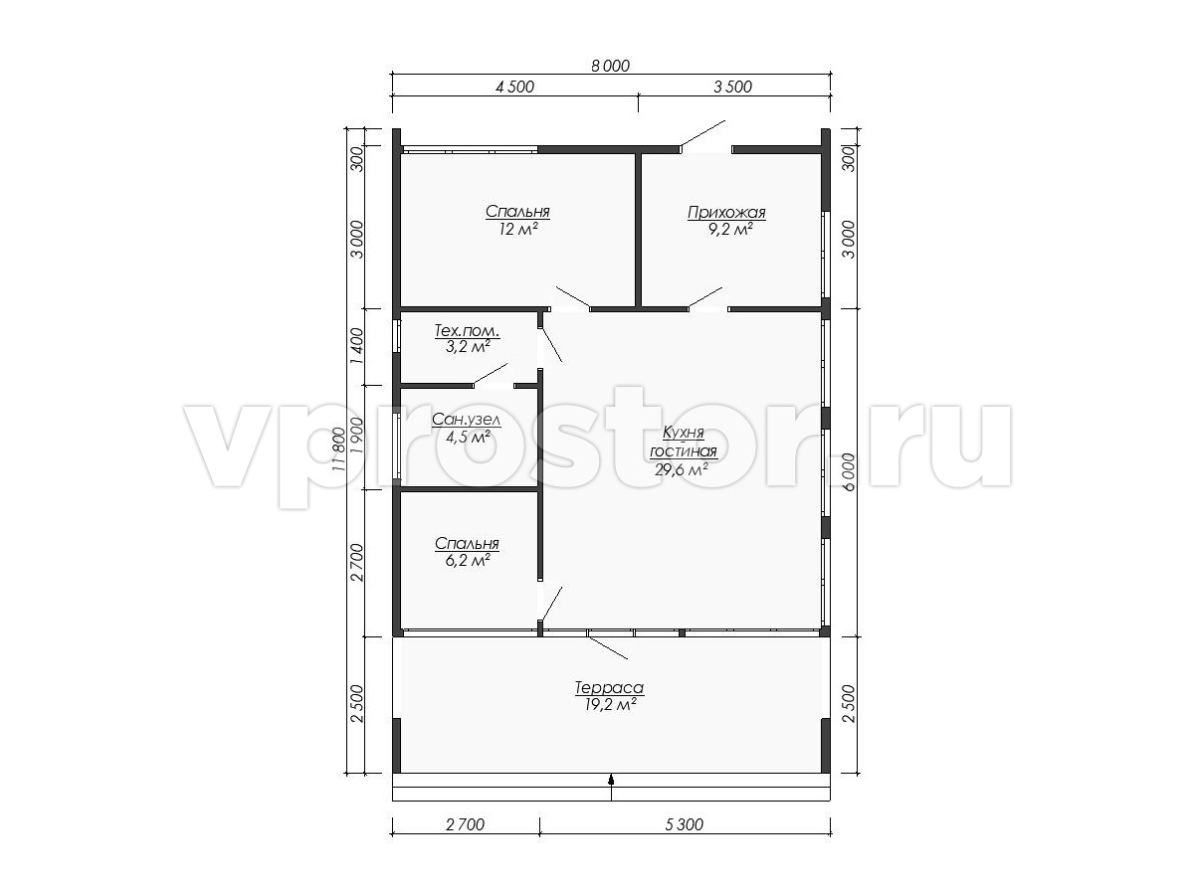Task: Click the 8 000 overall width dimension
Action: click(x=610, y=66)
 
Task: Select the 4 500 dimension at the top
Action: click(x=514, y=87)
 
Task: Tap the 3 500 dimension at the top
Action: click(x=732, y=87)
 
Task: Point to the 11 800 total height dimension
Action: click(x=338, y=448)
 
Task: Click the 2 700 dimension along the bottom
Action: click(x=465, y=825)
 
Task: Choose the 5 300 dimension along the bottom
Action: click(x=684, y=825)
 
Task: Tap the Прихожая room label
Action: click(x=726, y=212)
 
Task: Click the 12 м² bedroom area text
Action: click(x=517, y=230)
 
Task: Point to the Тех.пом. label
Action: click(x=467, y=330)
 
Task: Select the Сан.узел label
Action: click(x=467, y=420)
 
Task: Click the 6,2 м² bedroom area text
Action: click(x=468, y=560)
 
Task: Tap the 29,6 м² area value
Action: click(x=681, y=469)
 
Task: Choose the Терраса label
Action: click(x=609, y=688)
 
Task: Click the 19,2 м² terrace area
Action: click(x=609, y=705)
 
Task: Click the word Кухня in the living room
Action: click(x=684, y=434)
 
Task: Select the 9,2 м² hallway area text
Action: click(x=730, y=230)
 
